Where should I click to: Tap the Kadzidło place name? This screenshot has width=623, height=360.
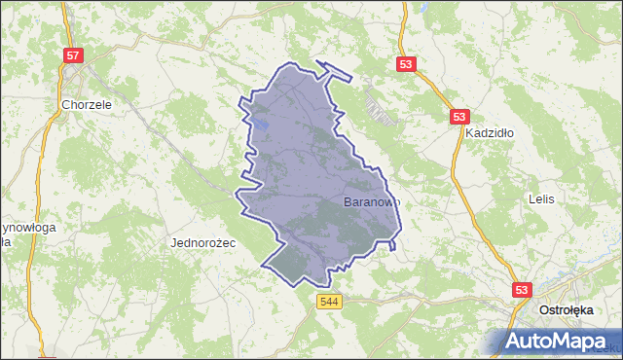tap(488, 132)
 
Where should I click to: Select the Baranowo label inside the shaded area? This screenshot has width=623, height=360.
tap(371, 202)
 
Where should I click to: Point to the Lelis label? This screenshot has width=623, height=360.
tap(541, 198)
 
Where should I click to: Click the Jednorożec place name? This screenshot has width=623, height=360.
tap(203, 241)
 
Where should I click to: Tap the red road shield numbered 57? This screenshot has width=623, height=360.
tap(73, 55)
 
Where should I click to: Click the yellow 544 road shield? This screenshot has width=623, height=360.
tap(328, 303)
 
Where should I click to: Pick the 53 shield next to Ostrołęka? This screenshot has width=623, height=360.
tap(523, 290)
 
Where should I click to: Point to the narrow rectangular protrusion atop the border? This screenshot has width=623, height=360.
tap(335, 70)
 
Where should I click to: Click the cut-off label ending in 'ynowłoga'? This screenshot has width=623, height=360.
tap(27, 228)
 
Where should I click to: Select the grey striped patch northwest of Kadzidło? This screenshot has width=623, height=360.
tap(381, 106)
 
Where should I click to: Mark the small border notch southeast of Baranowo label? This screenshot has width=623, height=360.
tap(392, 245)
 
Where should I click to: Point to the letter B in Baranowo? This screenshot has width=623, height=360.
tap(349, 202)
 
